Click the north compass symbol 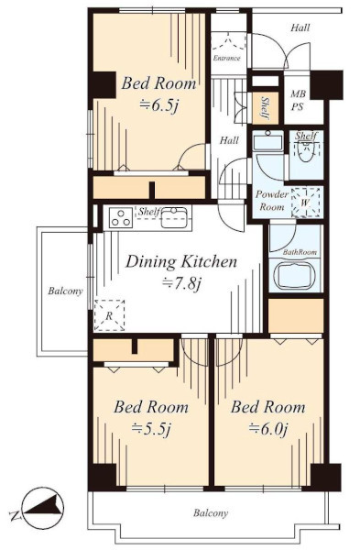[41, 508]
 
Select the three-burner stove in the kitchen [120, 218]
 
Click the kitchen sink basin [173, 218]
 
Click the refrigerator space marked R [109, 315]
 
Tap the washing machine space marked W [305, 203]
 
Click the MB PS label [298, 100]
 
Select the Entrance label [227, 59]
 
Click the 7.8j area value [181, 283]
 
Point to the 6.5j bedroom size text [158, 104]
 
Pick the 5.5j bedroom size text [151, 429]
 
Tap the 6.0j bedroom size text [268, 429]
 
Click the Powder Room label [272, 201]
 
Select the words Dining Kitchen [181, 261]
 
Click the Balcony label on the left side [65, 291]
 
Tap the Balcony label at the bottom [211, 513]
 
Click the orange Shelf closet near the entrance [266, 107]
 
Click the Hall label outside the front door [300, 27]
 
